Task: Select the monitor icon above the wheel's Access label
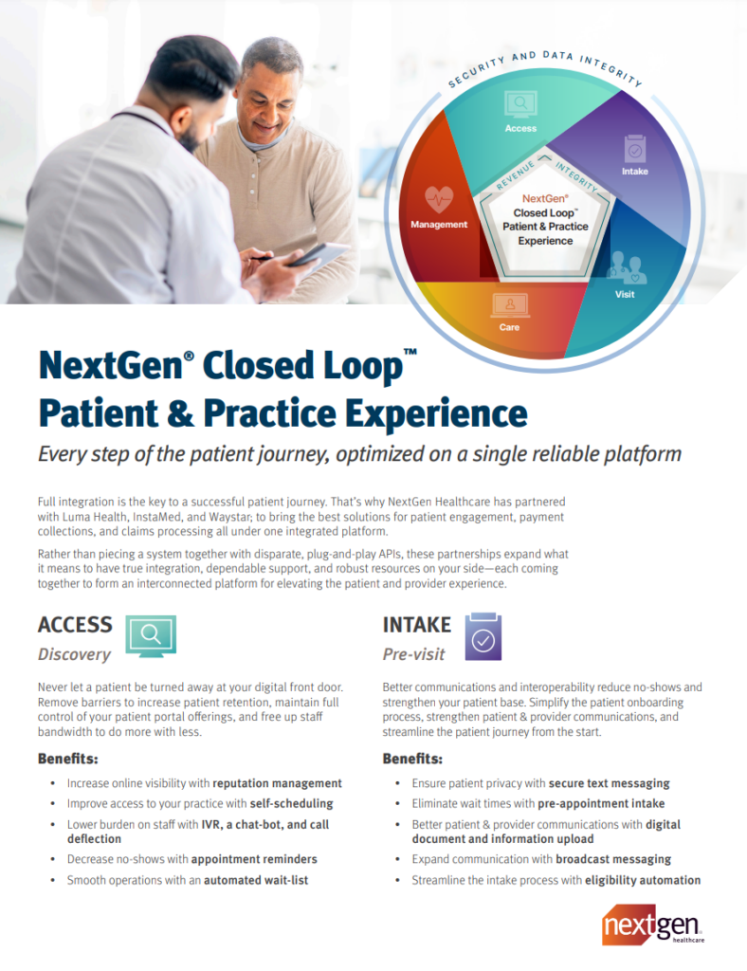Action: pos(520,104)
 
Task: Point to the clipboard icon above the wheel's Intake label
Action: pos(635,149)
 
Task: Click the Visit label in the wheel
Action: pos(625,294)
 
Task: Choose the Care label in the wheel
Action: pos(509,327)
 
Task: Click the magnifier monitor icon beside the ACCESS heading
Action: pos(151,636)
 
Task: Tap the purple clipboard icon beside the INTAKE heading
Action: pos(483,636)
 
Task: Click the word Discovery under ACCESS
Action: pos(74,654)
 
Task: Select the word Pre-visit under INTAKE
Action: pos(413,654)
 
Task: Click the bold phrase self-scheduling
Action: pos(291,804)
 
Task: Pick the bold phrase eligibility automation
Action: pos(643,880)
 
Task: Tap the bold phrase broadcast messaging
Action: pos(613,859)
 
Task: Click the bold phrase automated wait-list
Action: pos(256,880)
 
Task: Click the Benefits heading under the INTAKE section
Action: pos(412,759)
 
